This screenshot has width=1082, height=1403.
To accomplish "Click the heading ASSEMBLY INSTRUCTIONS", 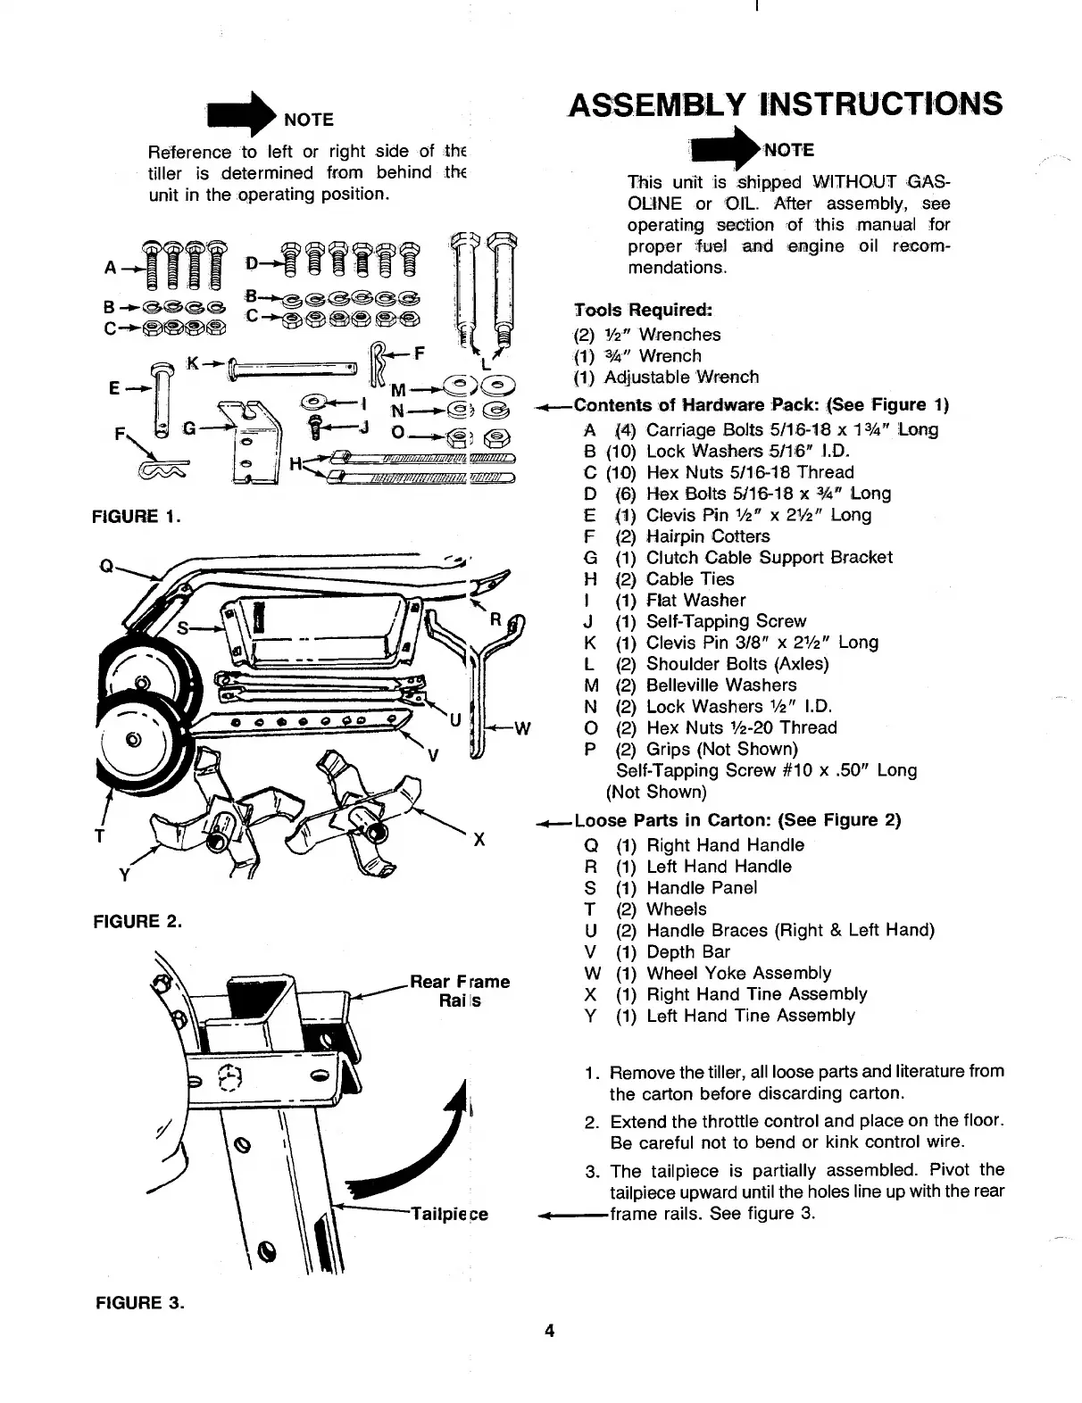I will click(785, 104).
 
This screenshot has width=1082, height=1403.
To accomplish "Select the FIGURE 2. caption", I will click(137, 922).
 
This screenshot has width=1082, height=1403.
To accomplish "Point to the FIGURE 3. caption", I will click(139, 1302).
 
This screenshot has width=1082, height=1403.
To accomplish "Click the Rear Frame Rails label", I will click(460, 991).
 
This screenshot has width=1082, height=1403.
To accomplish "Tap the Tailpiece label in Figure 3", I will click(449, 1214).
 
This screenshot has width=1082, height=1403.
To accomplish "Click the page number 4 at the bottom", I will click(550, 1332).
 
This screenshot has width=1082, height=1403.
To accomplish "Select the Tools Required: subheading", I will click(643, 311).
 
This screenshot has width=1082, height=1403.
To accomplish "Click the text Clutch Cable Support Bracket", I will click(769, 558).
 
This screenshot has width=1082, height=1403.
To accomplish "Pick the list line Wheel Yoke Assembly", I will click(738, 973).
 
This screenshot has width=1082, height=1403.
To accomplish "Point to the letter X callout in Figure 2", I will click(479, 839).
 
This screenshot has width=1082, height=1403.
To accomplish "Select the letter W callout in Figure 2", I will click(522, 727).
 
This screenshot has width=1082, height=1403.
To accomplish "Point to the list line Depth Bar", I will click(687, 951).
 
